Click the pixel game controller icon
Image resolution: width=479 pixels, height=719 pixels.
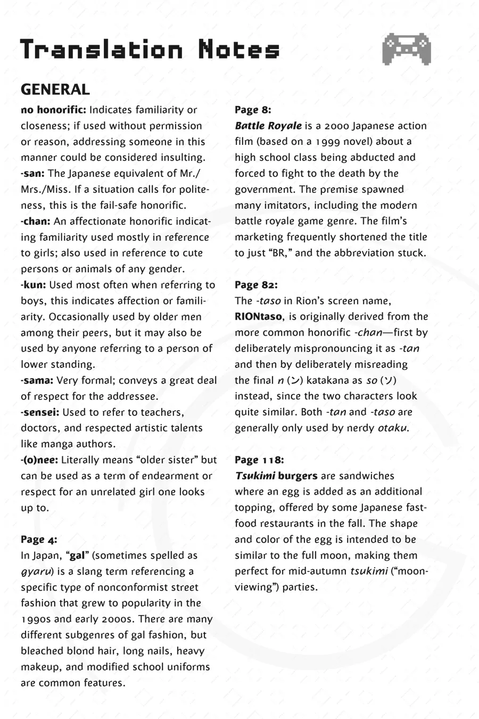(x=406, y=49)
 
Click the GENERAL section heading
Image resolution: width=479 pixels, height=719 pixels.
(x=55, y=89)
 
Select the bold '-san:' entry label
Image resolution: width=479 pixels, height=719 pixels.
(x=33, y=174)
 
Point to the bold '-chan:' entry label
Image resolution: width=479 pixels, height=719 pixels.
(x=36, y=221)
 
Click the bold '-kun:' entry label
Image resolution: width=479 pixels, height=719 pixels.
(x=34, y=285)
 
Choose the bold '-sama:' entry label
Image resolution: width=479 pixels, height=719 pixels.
(x=37, y=380)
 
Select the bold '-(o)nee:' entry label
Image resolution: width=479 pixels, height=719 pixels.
(x=39, y=460)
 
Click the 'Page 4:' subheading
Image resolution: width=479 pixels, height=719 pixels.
(x=39, y=540)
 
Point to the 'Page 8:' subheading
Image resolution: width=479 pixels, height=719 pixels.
(x=253, y=110)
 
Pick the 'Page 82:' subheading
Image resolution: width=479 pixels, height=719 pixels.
(x=256, y=285)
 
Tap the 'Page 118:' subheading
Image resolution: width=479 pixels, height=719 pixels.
(x=259, y=460)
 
